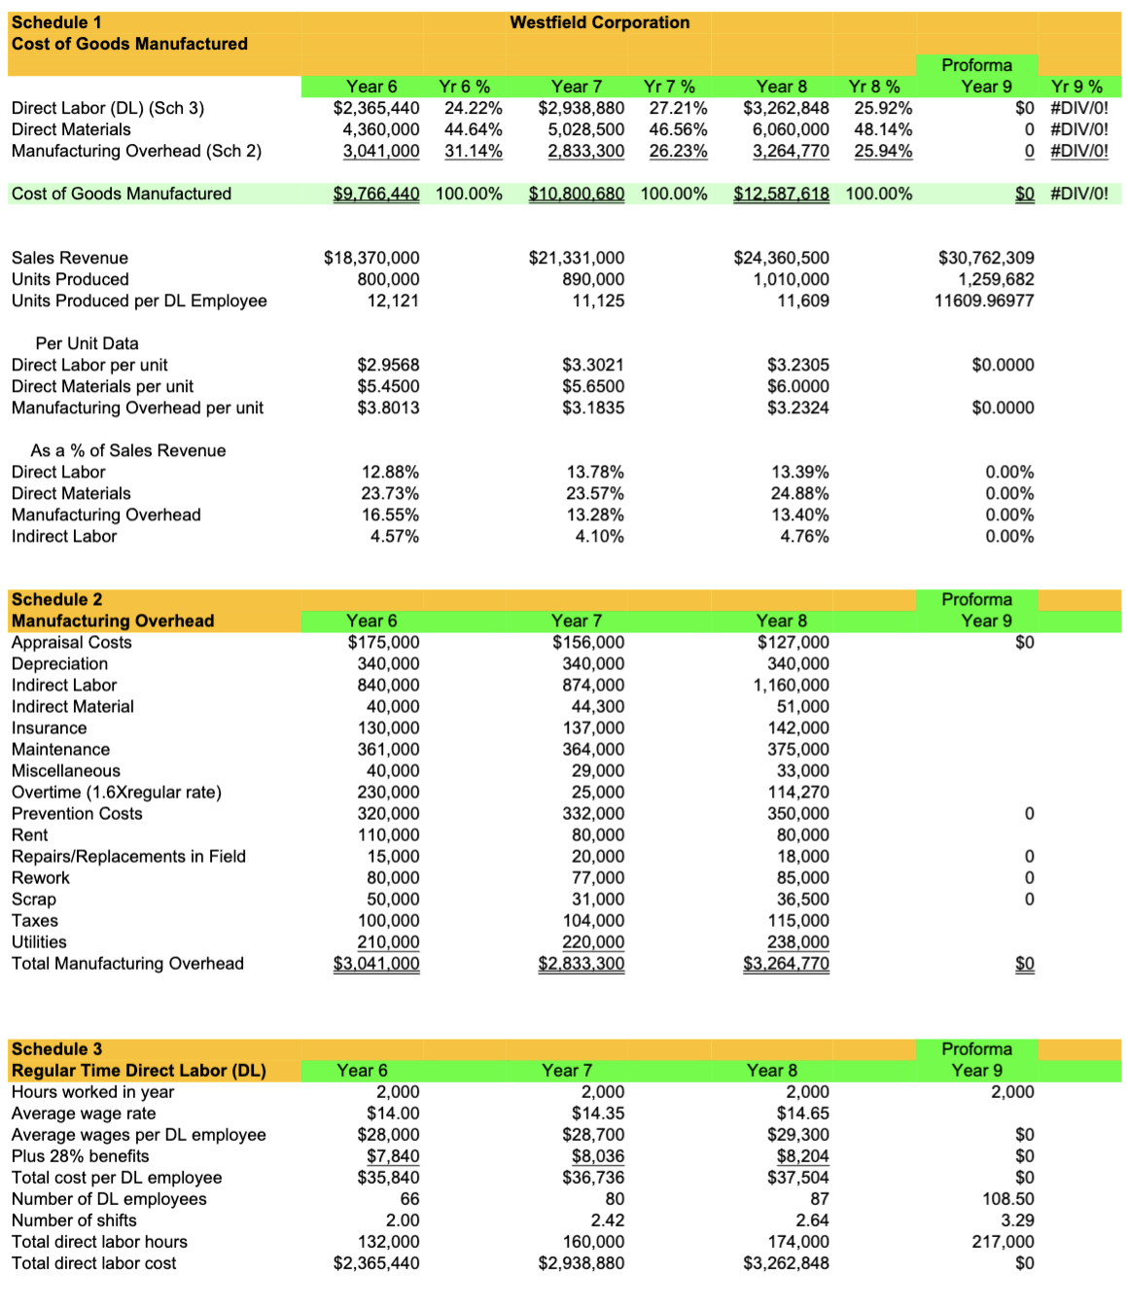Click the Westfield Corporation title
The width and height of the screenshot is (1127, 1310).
[599, 22]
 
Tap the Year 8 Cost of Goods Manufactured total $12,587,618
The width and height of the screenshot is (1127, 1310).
[781, 194]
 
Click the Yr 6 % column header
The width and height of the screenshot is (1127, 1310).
[464, 87]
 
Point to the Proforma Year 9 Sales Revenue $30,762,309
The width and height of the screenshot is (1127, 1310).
[985, 258]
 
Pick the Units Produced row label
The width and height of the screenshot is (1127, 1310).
[70, 279]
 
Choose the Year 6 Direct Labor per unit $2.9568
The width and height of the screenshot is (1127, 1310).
[388, 365]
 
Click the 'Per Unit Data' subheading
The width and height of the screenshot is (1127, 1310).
[87, 343]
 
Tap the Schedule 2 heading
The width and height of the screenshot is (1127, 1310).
[56, 599]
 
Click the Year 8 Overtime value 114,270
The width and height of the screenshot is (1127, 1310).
[797, 792]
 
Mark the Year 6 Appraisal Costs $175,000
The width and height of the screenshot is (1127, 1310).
[383, 642]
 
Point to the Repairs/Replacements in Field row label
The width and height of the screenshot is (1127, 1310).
[128, 856]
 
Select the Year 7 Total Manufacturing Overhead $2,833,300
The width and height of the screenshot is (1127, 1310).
[581, 963]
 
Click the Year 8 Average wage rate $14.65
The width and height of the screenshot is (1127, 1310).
[802, 1113]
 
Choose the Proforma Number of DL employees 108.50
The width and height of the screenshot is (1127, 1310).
[1007, 1198]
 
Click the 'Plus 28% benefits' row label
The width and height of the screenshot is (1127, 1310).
[80, 1155]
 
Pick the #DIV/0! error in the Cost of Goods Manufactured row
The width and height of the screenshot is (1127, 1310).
[1078, 194]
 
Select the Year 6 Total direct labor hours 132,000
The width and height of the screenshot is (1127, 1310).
[389, 1241]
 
